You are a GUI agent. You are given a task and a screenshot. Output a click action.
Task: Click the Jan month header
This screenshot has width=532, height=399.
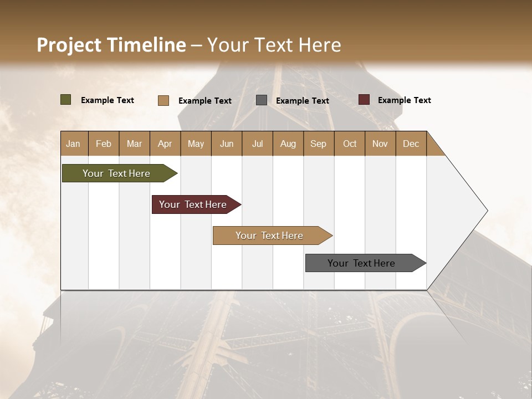[74, 144]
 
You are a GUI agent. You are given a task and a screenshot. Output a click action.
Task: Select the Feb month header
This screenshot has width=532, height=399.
[104, 144]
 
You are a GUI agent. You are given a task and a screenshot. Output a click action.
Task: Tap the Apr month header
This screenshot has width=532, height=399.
[165, 144]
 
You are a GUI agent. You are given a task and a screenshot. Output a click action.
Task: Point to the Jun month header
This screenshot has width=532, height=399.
[227, 144]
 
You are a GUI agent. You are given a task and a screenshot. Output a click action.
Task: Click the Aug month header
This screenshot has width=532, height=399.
[288, 144]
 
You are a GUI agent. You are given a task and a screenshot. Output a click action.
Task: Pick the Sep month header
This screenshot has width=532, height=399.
[319, 144]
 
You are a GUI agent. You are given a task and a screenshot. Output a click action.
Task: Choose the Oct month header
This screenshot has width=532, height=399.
[350, 144]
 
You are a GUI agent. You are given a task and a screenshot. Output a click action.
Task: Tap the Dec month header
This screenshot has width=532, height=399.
[411, 144]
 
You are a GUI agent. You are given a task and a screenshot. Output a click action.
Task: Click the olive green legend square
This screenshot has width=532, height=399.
[66, 100]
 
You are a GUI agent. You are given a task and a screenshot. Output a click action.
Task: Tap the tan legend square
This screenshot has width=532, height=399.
[163, 100]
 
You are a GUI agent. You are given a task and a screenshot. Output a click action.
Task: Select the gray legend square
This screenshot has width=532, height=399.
[262, 100]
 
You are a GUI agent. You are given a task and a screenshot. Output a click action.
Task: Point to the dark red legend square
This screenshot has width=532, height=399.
[364, 100]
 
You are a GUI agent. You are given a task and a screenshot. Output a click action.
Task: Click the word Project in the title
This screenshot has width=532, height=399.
[69, 45]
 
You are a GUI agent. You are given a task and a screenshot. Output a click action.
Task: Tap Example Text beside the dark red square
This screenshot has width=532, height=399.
[404, 100]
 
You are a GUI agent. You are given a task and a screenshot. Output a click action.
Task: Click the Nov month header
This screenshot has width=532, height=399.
[380, 144]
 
